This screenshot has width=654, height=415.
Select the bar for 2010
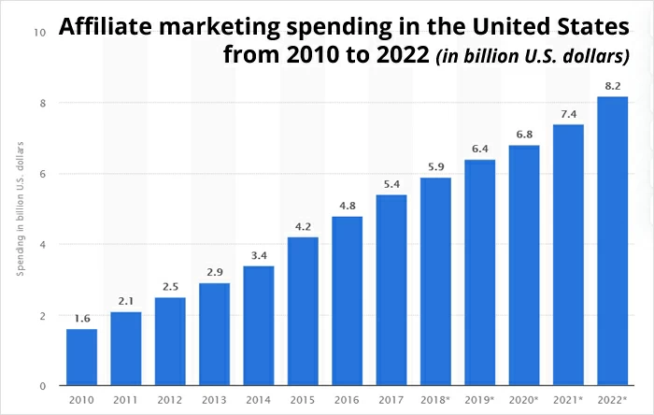pos(81,357)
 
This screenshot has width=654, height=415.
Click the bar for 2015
pos(303,311)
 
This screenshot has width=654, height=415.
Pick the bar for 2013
pos(214,334)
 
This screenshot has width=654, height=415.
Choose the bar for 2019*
pos(478,272)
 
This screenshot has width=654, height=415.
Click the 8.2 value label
pos(611,85)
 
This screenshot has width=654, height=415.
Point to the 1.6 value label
pos(81,318)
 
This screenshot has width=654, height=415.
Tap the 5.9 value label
pos(434,166)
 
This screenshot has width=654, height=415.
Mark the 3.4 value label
pos(258,255)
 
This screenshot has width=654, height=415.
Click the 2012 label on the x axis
pos(170,400)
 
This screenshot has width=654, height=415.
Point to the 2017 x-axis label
pos(391,400)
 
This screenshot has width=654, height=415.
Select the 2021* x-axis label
pos(568,400)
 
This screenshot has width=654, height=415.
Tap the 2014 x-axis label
pos(258,400)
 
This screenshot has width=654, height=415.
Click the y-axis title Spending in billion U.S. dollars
pos(20,208)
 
